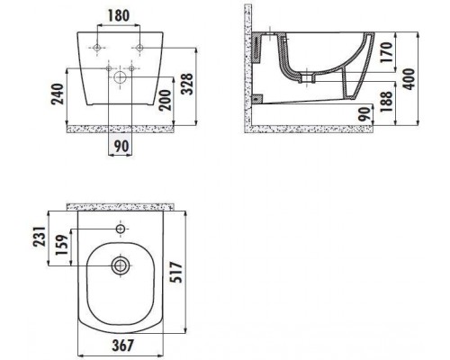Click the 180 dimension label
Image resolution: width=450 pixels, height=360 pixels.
(x=119, y=16)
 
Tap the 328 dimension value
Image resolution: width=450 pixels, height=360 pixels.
(x=188, y=84)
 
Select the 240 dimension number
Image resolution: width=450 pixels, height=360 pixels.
(x=58, y=94)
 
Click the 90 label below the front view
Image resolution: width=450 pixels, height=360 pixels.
(x=121, y=146)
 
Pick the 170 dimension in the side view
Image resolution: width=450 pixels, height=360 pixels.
(x=386, y=52)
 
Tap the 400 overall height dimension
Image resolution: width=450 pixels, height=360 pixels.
(x=409, y=79)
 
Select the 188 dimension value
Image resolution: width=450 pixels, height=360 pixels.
(x=386, y=102)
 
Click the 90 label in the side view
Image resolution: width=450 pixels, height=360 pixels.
(x=364, y=114)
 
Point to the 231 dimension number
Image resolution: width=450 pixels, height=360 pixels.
(x=40, y=237)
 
